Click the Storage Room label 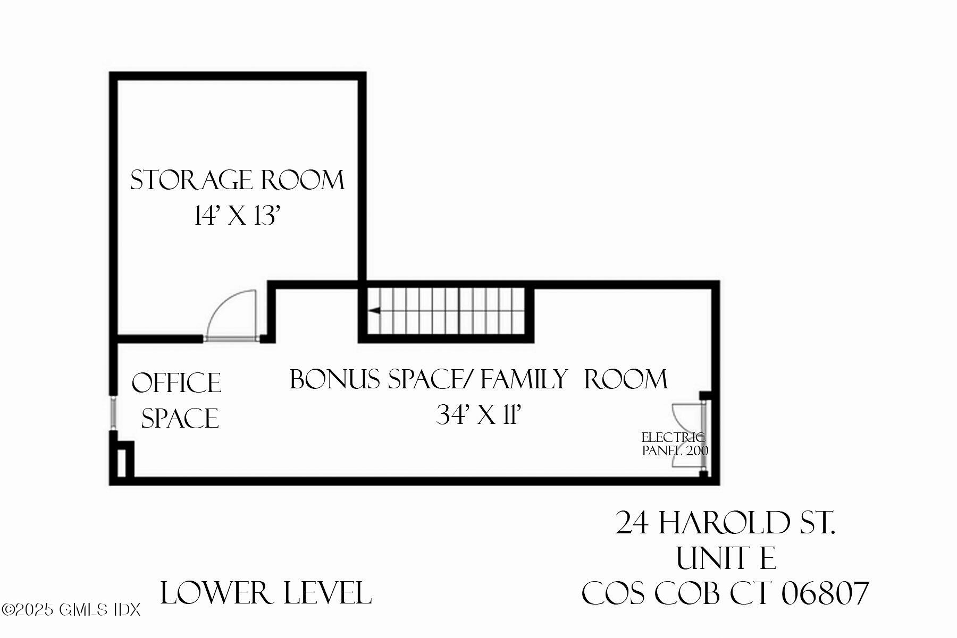point(237,180)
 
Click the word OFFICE point(177,383)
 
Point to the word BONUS point(335,379)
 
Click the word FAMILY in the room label point(524,379)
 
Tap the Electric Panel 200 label point(674,444)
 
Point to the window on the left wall point(113,412)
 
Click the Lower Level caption point(265,593)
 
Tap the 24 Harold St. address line point(725,523)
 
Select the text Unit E point(725,558)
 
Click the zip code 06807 point(825,593)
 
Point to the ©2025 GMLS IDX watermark point(71,609)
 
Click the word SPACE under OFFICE point(180,418)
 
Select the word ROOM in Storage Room point(303,180)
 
